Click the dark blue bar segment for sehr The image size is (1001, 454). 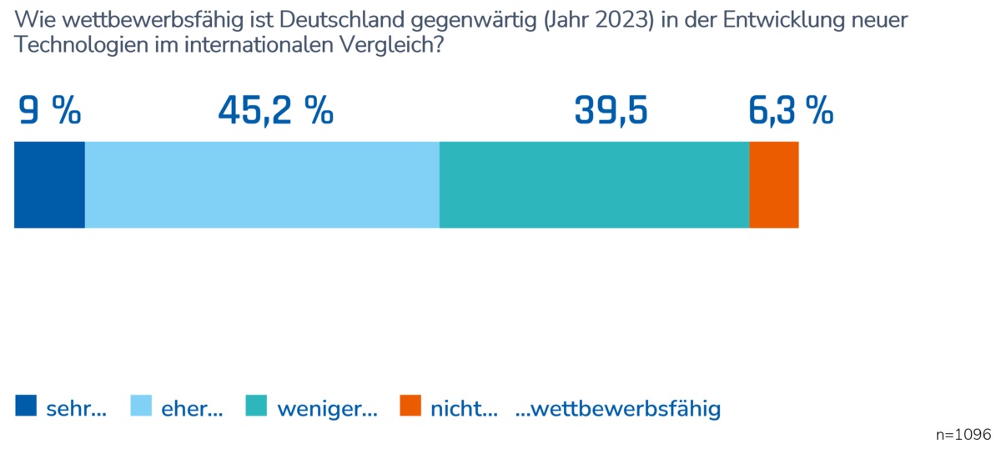49,184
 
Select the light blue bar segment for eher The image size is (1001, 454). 262,184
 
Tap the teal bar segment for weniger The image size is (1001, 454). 594,184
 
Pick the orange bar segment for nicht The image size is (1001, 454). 774,184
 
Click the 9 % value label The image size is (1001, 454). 49,111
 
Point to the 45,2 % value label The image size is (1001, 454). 275,111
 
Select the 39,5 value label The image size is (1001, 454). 611,111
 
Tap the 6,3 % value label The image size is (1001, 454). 791,111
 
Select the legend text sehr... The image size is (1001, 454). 76,409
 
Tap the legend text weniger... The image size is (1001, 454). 327,409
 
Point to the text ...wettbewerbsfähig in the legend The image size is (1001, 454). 618,409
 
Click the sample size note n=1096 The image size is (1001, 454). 963,435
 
